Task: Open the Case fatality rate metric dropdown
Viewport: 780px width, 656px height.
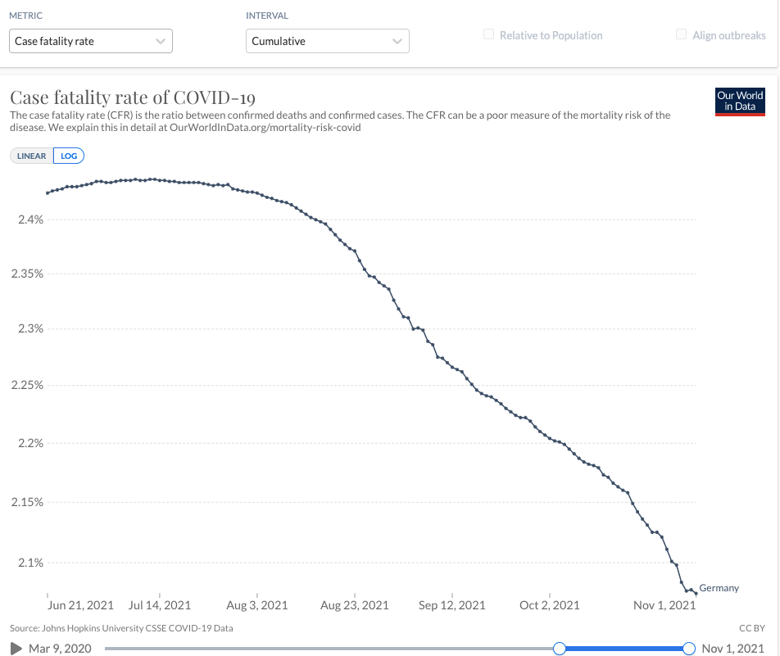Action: [91, 41]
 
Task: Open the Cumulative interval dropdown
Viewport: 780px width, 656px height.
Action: [327, 41]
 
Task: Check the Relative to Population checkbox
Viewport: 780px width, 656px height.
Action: [489, 35]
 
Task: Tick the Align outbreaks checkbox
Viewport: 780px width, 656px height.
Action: [681, 35]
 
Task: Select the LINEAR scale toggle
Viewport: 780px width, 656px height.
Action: [32, 156]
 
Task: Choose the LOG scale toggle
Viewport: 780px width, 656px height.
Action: [69, 156]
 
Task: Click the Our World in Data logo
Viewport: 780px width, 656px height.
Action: [740, 102]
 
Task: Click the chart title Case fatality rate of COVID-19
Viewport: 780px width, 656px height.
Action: [133, 97]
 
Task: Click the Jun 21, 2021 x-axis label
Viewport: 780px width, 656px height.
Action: [80, 605]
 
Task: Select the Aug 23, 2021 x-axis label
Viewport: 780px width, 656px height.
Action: [355, 605]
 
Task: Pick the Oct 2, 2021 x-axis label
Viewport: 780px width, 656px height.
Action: [550, 605]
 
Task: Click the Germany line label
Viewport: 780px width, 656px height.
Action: [719, 588]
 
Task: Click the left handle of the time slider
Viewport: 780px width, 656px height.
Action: [560, 649]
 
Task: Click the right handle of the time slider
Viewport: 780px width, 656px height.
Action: [688, 649]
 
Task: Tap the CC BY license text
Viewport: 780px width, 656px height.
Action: [752, 628]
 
